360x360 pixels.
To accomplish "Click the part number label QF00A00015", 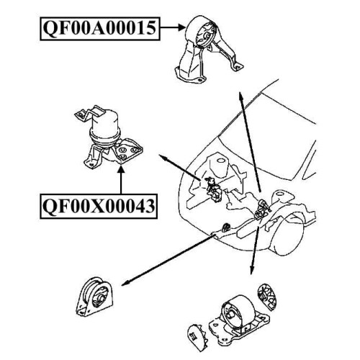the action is (99, 29).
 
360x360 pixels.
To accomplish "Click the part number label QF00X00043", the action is (99, 206).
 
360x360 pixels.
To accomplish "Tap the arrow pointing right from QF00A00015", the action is (173, 28).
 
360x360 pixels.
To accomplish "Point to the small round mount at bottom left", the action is (95, 297).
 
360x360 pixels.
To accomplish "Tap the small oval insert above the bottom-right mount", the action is (269, 297).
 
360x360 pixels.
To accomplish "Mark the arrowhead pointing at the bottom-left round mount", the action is (125, 283).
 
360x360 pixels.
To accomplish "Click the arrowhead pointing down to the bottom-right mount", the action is (251, 271).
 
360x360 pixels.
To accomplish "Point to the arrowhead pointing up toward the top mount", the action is (240, 95).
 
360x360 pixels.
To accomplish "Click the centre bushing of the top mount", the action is (207, 36).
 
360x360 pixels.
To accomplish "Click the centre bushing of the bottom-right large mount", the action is (232, 314).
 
